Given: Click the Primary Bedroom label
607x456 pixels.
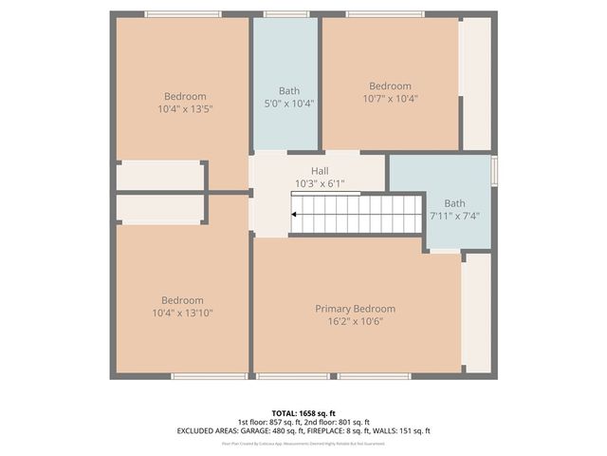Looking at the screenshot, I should [355, 309].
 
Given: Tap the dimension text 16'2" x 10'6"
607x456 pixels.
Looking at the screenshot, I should [355, 321].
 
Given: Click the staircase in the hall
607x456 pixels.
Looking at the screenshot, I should [356, 214].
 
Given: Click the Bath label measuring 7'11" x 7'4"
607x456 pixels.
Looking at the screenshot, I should [455, 202].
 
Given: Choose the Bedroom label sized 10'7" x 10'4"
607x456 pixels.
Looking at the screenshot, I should [390, 85].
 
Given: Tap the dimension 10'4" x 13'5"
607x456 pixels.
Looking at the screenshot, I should [185, 108].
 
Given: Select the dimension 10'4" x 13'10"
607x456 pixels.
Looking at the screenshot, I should [182, 312].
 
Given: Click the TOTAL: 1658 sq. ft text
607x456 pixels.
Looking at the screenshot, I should [303, 413].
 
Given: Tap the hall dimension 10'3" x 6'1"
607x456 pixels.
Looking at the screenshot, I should [320, 183].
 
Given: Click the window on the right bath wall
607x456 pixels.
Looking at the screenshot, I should [493, 171].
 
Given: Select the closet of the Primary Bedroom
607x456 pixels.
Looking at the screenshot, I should [477, 312].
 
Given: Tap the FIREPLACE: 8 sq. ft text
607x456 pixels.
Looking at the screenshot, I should [340, 430].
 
